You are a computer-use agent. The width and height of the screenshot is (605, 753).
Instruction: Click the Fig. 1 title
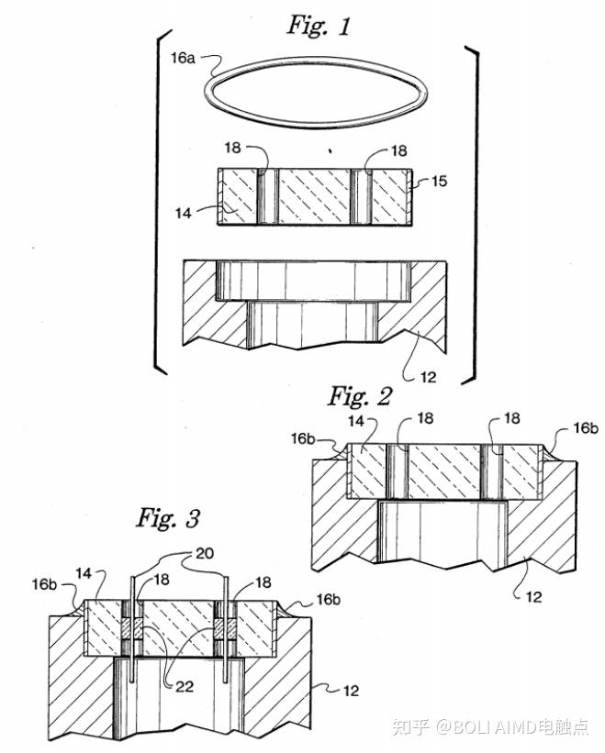(319, 26)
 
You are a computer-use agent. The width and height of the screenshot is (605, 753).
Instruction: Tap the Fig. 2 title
(360, 396)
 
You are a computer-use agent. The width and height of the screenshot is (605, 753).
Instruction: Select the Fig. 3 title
(168, 518)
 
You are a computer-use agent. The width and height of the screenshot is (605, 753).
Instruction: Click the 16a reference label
(183, 59)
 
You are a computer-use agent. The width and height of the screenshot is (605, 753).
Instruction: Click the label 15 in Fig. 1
(439, 181)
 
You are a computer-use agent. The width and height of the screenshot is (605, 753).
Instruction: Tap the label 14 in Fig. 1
(183, 213)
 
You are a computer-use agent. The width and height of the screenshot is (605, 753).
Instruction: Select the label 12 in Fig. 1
(428, 377)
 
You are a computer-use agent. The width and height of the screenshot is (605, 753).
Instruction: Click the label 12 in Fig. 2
(533, 597)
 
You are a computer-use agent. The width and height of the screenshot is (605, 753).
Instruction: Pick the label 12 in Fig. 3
(351, 691)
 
